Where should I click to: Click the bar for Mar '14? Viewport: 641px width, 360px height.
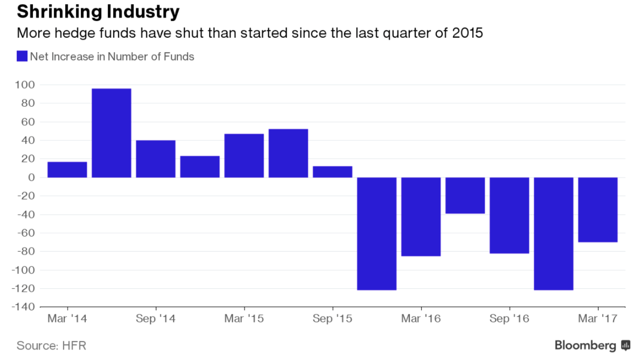point(67,170)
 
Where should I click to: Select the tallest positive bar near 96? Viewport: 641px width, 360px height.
point(111,133)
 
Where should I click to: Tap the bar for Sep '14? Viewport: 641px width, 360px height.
point(156,159)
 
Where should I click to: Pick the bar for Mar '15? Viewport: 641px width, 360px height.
point(244,156)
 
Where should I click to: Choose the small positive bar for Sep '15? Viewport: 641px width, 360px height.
point(333,172)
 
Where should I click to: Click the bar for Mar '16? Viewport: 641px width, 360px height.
point(421,216)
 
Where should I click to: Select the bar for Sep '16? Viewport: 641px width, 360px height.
point(510,215)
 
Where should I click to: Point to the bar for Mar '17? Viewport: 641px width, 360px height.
point(598,210)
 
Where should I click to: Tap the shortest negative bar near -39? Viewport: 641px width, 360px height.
point(465,196)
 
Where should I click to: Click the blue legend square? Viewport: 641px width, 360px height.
point(22,56)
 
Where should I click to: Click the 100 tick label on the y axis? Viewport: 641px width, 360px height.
point(25,85)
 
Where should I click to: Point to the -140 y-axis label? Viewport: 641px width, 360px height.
point(23,307)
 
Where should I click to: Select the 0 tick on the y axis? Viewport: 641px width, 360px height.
point(31,177)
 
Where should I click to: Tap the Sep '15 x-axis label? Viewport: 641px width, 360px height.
point(333,319)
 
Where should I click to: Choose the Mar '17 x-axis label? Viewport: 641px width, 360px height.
point(598,319)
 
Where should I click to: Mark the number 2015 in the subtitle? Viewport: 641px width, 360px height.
point(468,33)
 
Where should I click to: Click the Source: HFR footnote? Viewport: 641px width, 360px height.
point(52,346)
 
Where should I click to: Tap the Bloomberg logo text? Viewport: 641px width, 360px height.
point(585,345)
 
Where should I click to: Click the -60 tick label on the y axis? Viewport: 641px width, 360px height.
point(26,233)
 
